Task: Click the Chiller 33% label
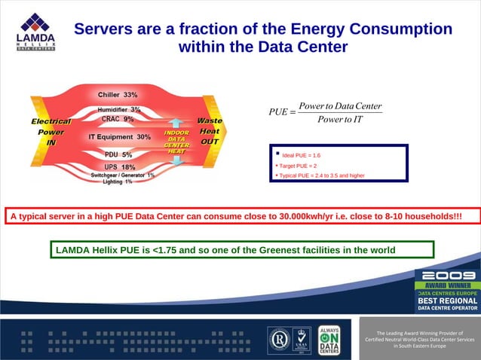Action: [x=118, y=95]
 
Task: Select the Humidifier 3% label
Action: [x=119, y=110]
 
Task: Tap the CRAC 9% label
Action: [x=118, y=119]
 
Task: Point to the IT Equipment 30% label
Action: [x=119, y=137]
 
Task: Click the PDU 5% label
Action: [x=118, y=155]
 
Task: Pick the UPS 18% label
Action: [x=119, y=167]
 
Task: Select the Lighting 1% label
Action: [x=118, y=182]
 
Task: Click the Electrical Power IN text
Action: [x=51, y=131]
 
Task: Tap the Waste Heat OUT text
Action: [x=209, y=131]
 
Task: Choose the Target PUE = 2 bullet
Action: [x=298, y=166]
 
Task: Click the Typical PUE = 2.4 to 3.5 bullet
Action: [x=321, y=175]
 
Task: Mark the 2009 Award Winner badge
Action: [x=447, y=290]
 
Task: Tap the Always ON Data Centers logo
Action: [x=329, y=340]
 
